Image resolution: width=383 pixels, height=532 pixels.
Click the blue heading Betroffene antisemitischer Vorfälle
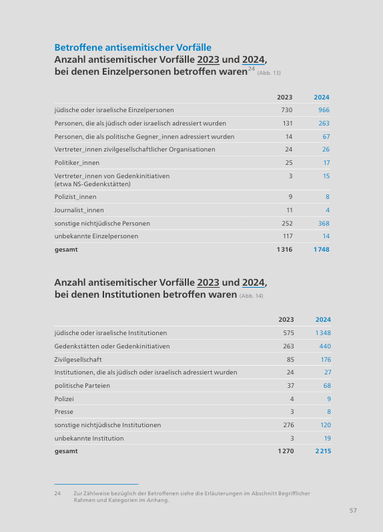click(133, 47)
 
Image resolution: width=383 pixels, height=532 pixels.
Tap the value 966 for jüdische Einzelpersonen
click(324, 110)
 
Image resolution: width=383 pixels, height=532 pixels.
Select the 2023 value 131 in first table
click(288, 123)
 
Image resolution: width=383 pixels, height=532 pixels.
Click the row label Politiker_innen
click(77, 163)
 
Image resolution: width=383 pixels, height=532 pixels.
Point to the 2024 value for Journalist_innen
click(328, 210)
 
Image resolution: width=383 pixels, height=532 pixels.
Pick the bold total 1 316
click(284, 250)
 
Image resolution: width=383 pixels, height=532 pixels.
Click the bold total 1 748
click(321, 250)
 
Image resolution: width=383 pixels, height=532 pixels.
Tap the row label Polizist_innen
click(75, 197)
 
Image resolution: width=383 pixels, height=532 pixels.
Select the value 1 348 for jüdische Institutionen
click(323, 333)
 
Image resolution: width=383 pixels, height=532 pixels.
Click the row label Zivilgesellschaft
click(78, 360)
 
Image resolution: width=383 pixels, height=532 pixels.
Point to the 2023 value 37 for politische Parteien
click(290, 385)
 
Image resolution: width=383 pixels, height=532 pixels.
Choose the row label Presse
click(64, 412)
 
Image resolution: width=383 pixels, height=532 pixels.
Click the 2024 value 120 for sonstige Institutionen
click(326, 425)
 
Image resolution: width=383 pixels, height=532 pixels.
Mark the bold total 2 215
click(323, 451)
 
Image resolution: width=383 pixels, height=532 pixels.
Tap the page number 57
click(353, 510)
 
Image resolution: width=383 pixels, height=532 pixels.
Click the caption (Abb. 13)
click(269, 73)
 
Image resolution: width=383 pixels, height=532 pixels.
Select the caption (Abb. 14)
click(251, 296)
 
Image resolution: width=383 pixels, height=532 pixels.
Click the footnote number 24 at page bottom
click(57, 493)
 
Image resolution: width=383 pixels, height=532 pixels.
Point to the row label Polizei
click(64, 398)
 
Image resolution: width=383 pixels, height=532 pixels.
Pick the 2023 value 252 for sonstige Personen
click(287, 223)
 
